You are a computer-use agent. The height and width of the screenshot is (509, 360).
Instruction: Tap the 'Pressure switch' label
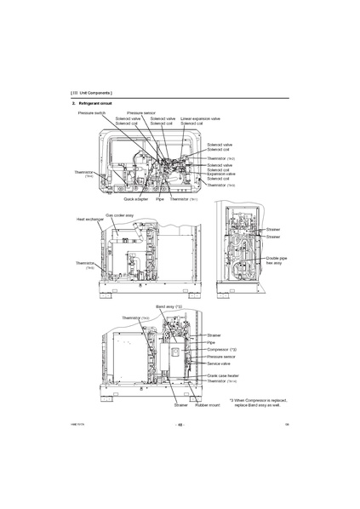click(92, 112)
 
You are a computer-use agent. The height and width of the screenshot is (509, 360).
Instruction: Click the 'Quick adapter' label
click(135, 199)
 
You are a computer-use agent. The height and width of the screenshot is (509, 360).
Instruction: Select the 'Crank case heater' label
click(224, 375)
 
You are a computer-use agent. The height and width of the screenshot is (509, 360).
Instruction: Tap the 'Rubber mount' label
click(208, 405)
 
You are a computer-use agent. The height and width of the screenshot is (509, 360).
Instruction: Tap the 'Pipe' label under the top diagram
click(159, 199)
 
